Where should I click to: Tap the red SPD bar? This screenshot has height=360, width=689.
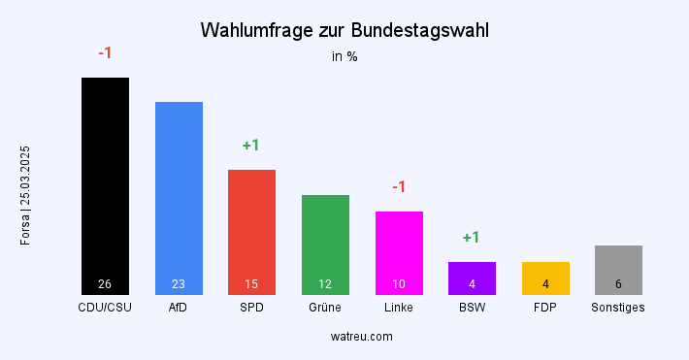(251, 228)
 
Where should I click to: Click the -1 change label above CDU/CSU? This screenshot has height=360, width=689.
(105, 52)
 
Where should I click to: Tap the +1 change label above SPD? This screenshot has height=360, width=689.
(251, 146)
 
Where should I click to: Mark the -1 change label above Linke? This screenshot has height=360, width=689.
(399, 186)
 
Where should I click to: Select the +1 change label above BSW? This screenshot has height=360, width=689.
(472, 238)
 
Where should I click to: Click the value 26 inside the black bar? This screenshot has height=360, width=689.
(105, 284)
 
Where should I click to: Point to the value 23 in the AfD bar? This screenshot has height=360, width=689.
(179, 284)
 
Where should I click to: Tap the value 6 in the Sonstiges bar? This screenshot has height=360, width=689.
(618, 284)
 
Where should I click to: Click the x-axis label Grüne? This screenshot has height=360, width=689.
(325, 308)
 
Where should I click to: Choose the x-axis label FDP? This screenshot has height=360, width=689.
(545, 308)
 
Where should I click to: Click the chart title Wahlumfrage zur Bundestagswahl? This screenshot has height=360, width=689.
(344, 30)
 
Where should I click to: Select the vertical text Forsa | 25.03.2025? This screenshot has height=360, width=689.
(26, 194)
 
